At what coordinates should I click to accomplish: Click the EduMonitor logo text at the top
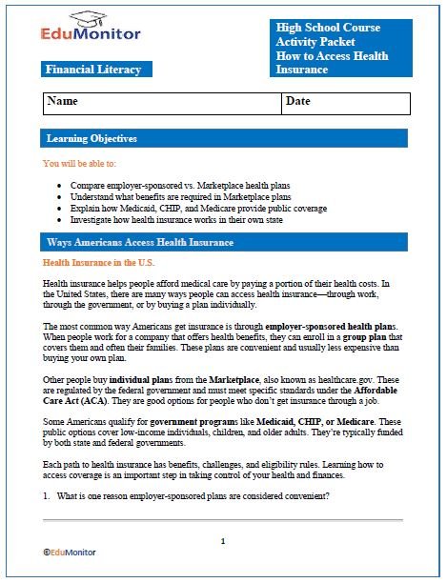(x=91, y=35)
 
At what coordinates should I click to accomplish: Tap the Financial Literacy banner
(x=92, y=70)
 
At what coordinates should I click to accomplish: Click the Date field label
(x=298, y=101)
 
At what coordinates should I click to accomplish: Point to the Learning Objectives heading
(x=91, y=139)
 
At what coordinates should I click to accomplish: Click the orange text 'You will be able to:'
(x=87, y=164)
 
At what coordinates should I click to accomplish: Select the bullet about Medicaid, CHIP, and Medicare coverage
(x=192, y=207)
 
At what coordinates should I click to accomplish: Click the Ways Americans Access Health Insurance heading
(x=140, y=242)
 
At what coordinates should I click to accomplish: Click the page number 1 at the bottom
(x=223, y=540)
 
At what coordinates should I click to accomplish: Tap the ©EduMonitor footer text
(x=71, y=551)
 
